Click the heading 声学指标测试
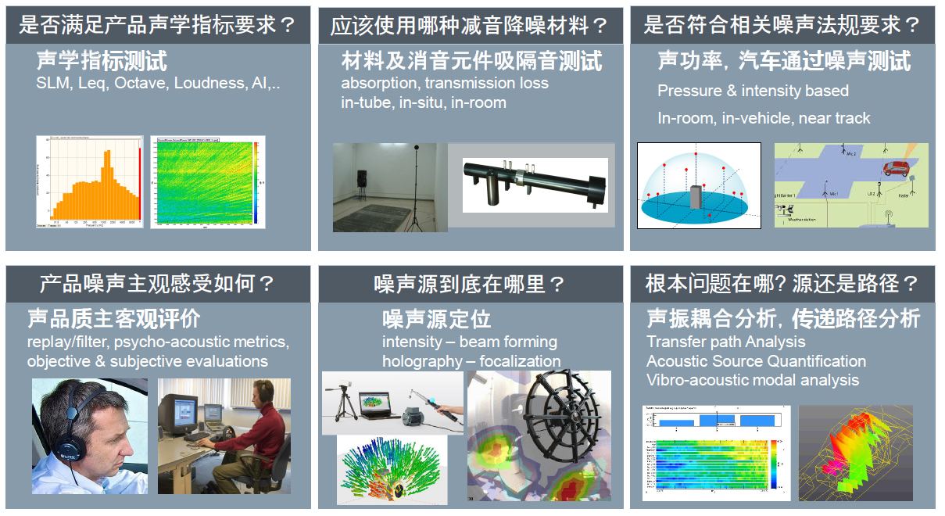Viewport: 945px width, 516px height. pos(102,61)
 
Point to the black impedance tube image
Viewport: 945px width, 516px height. pos(535,185)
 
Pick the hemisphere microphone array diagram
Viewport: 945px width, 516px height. pos(698,186)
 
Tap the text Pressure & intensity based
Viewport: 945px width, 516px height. pos(753,91)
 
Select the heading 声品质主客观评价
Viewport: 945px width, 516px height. pos(114,319)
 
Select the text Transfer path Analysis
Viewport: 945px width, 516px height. pos(725,342)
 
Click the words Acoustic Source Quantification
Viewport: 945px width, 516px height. pos(756,361)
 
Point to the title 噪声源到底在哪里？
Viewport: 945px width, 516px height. pos(470,284)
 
